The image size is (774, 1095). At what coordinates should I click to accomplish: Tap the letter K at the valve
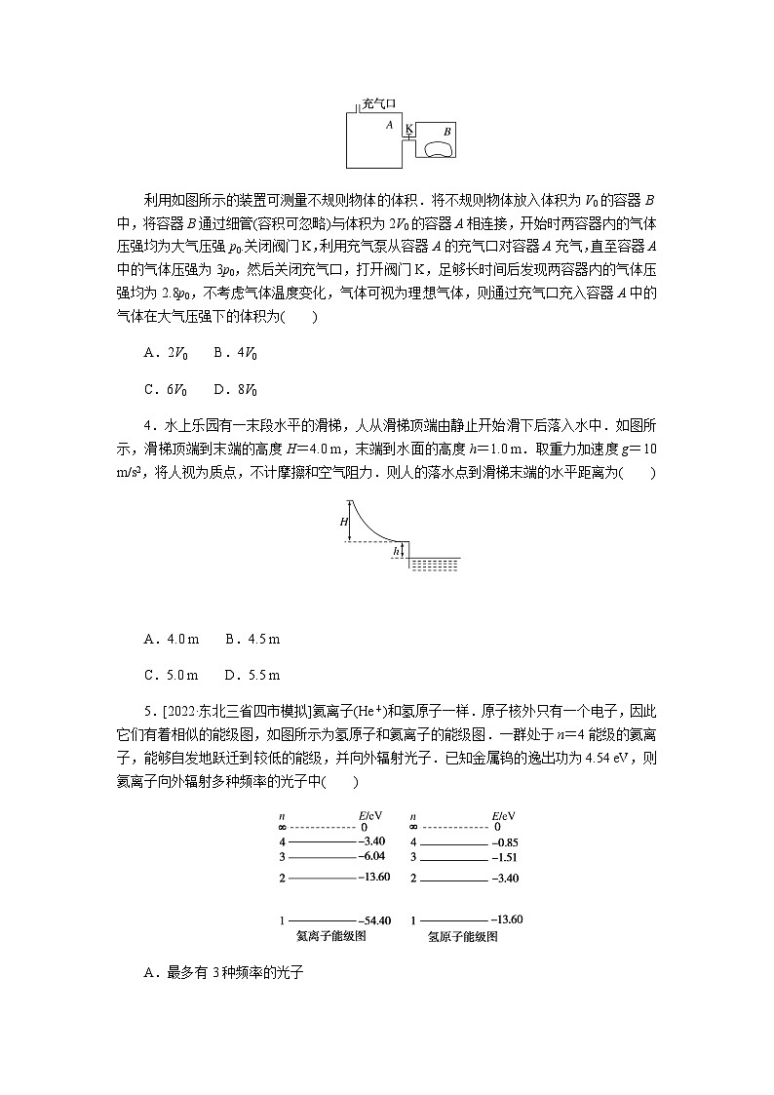point(408,129)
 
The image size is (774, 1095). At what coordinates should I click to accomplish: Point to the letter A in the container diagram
point(389,125)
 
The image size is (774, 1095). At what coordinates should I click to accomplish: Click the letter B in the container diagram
point(446,130)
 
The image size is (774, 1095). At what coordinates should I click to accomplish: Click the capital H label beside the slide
point(344,522)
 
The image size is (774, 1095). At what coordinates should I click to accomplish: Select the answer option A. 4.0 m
point(172,639)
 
